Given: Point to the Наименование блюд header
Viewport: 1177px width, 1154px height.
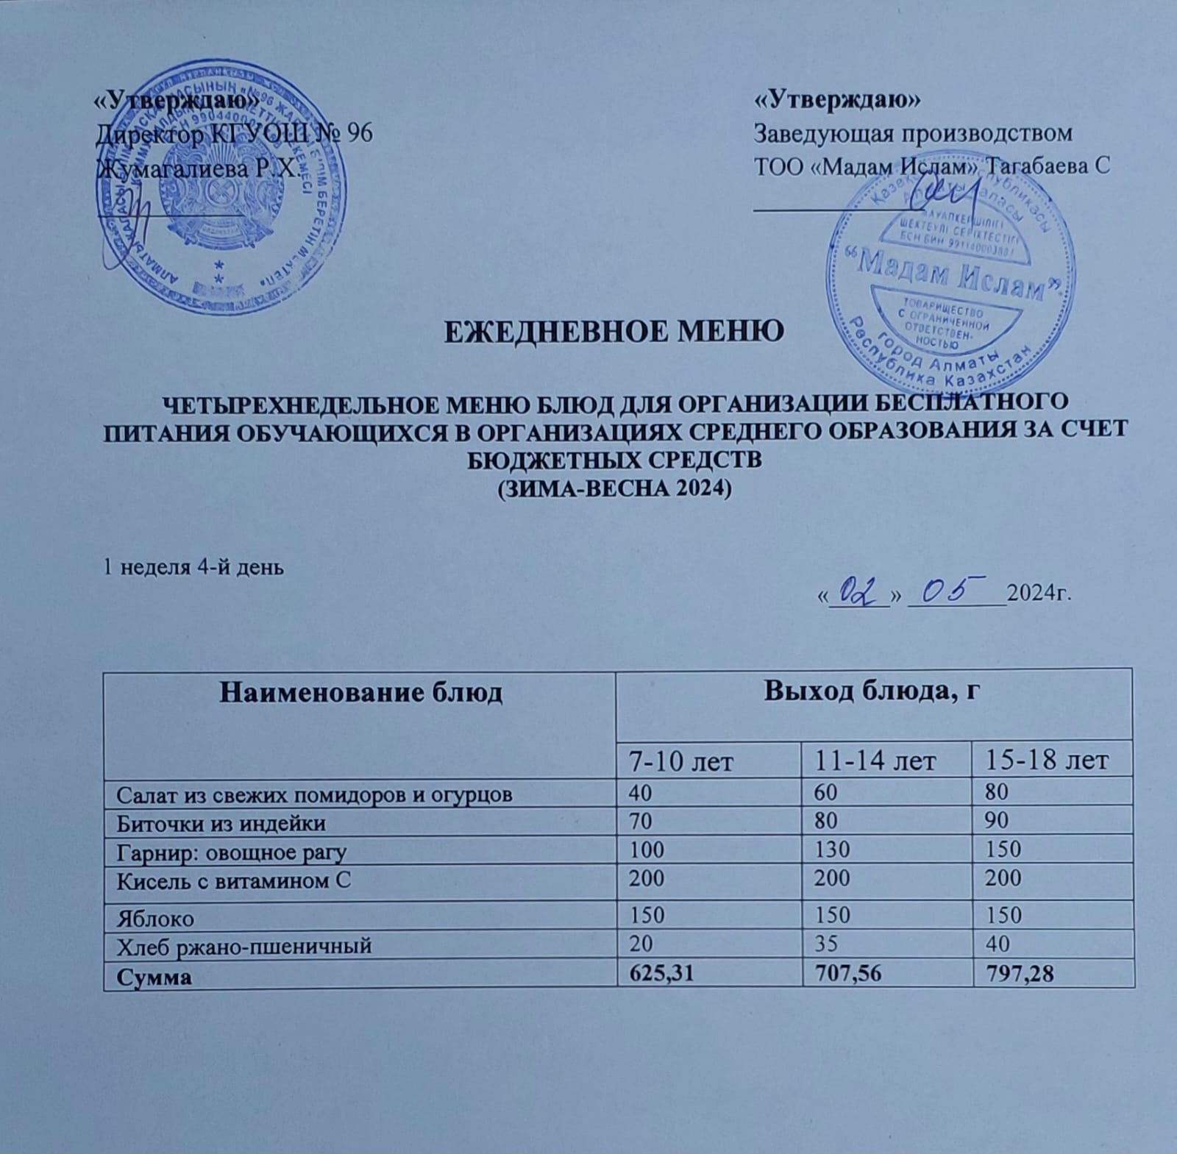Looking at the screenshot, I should click(360, 692).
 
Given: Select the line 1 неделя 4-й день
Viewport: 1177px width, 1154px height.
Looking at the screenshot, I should click(193, 568).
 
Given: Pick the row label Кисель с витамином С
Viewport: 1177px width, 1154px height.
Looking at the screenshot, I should click(233, 879).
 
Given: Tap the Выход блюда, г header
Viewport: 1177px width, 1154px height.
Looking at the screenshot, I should click(873, 692).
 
